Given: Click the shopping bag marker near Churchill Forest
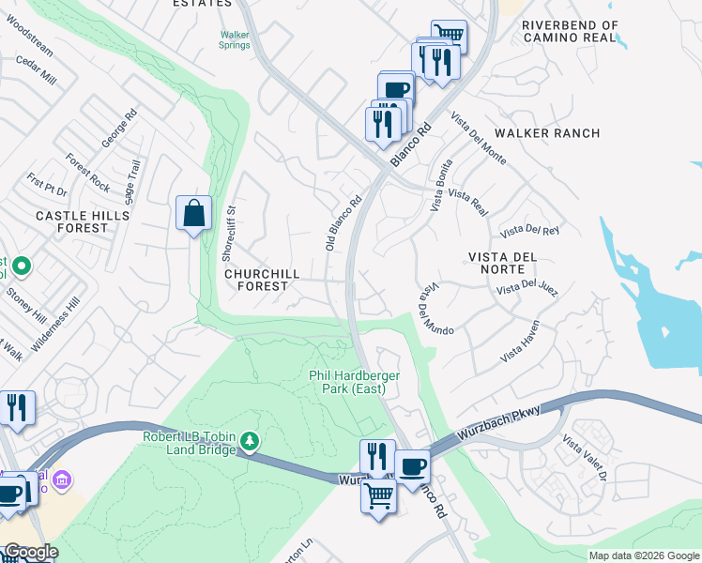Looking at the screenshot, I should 193,212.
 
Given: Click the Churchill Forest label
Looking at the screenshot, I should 262,280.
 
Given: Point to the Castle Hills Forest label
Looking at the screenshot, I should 71,221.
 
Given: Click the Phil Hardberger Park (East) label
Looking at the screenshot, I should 355,382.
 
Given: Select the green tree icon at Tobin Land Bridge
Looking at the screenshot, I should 249,440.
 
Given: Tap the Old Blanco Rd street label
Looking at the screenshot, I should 343,222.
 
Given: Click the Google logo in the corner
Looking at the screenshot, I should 30,552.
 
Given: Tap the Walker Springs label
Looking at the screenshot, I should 235,39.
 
